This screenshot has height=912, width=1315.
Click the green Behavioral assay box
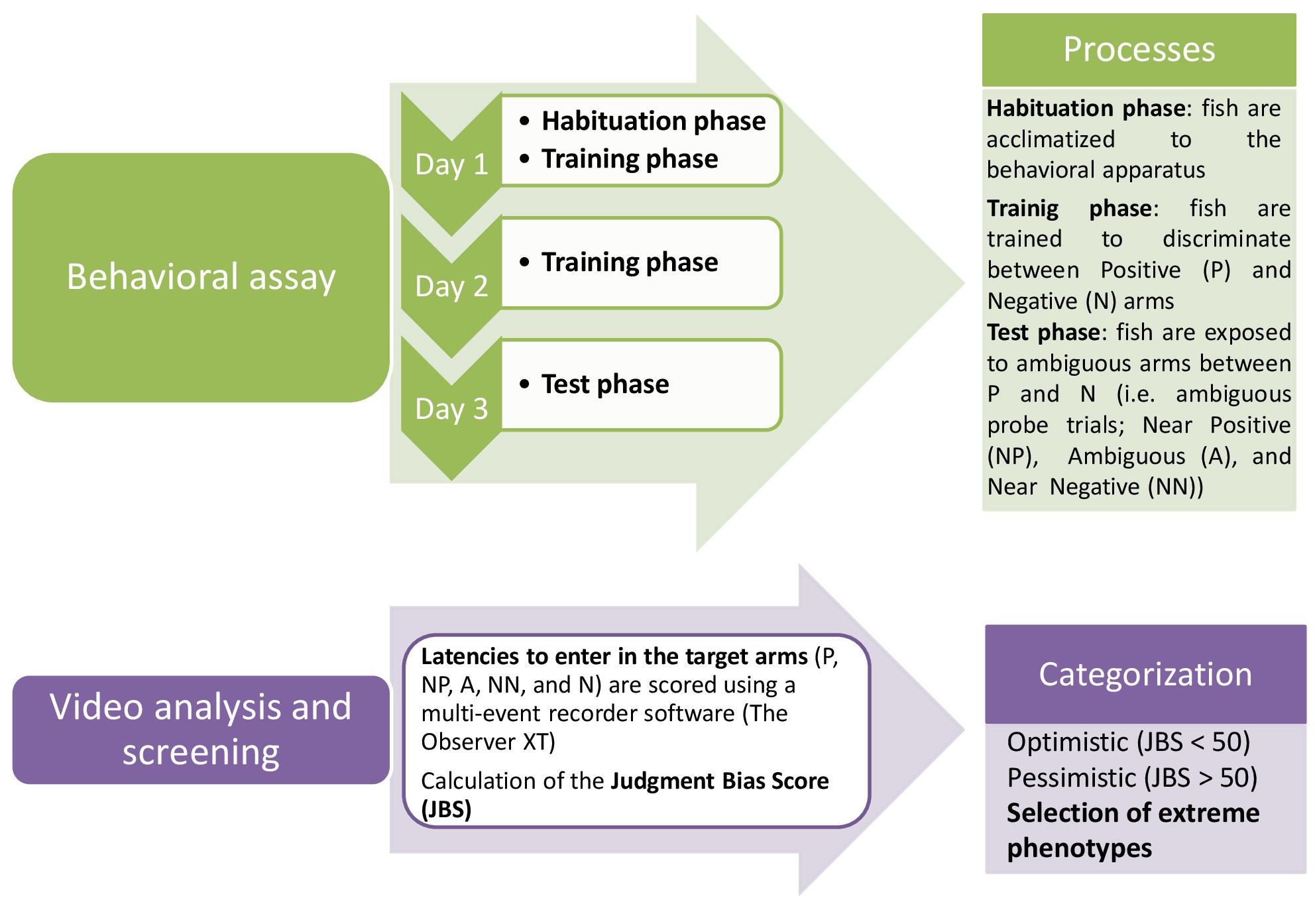point(201,277)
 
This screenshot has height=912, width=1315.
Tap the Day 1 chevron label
point(451,164)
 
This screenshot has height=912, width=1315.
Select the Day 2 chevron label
point(451,286)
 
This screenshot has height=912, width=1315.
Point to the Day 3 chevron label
point(451,409)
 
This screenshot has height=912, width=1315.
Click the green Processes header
point(1139,50)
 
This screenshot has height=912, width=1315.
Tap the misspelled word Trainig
point(1023,209)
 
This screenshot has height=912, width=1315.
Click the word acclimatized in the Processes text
point(1051,140)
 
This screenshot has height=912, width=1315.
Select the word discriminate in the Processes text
point(1226,239)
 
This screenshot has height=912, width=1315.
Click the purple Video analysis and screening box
point(201,730)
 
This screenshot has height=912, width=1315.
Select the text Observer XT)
point(488,742)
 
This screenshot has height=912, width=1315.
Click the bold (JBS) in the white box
point(446,809)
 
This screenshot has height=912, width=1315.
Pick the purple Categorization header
point(1145,674)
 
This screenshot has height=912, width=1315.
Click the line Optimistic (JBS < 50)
point(1128,742)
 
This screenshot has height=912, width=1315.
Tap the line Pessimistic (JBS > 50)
point(1132,778)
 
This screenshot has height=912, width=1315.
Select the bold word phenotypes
point(1080,849)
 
